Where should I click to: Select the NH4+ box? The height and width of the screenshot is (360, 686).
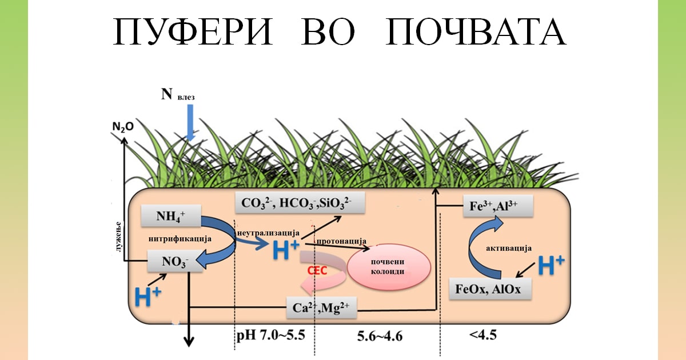point(171,217)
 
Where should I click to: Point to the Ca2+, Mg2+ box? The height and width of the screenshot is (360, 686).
point(321,309)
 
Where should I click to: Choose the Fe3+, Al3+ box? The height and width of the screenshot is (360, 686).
point(497,206)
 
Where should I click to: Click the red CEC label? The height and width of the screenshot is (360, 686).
point(317,270)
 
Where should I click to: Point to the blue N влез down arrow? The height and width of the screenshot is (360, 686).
point(190,123)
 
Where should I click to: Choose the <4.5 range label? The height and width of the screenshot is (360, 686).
point(484,335)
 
